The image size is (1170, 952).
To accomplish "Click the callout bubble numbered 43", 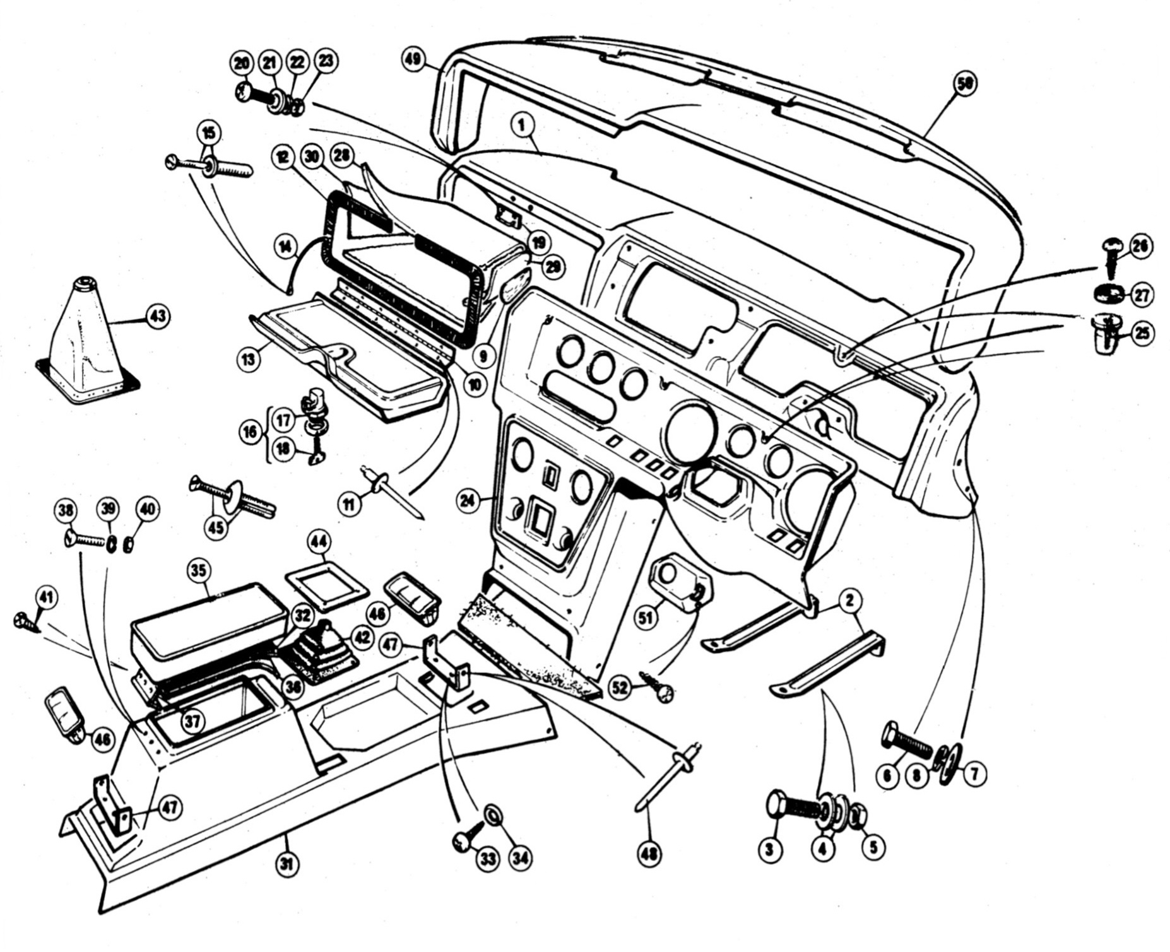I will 157,315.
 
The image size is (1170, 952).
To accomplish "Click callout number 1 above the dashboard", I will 522,125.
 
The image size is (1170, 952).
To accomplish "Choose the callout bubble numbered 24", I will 468,503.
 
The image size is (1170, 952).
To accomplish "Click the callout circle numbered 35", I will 198,570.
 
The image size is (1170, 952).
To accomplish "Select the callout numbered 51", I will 646,618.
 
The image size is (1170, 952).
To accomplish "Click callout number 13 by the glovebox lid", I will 247,360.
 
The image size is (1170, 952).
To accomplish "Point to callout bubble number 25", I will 1142,333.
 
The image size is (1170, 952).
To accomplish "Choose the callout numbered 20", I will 242,62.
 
